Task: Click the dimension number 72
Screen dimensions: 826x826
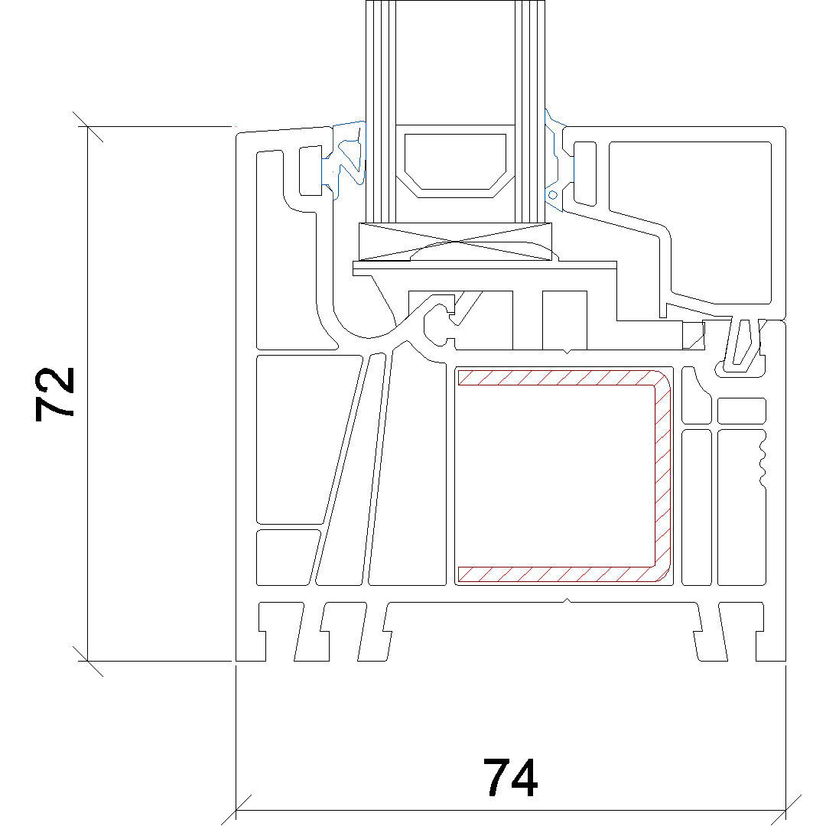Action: pyautogui.click(x=54, y=394)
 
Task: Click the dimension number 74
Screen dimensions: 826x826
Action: pyautogui.click(x=510, y=777)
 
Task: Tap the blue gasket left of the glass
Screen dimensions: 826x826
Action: pyautogui.click(x=345, y=160)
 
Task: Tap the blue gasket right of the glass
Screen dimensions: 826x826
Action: pyautogui.click(x=554, y=161)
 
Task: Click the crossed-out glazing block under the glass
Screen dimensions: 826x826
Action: pyautogui.click(x=455, y=242)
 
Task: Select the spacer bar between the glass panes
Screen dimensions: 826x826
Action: pyautogui.click(x=455, y=161)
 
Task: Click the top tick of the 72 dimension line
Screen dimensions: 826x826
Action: pyautogui.click(x=87, y=126)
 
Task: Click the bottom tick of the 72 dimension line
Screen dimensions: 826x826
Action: pyautogui.click(x=87, y=661)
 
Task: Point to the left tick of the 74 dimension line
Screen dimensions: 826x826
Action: pyautogui.click(x=236, y=810)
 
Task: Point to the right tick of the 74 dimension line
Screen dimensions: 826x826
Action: pyautogui.click(x=785, y=810)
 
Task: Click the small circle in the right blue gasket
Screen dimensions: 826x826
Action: pyautogui.click(x=553, y=196)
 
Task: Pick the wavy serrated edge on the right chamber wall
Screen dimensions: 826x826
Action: pyautogui.click(x=762, y=457)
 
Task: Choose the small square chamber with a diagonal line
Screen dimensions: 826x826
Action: pyautogui.click(x=694, y=335)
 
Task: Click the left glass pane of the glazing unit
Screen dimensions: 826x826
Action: pyautogui.click(x=381, y=111)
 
